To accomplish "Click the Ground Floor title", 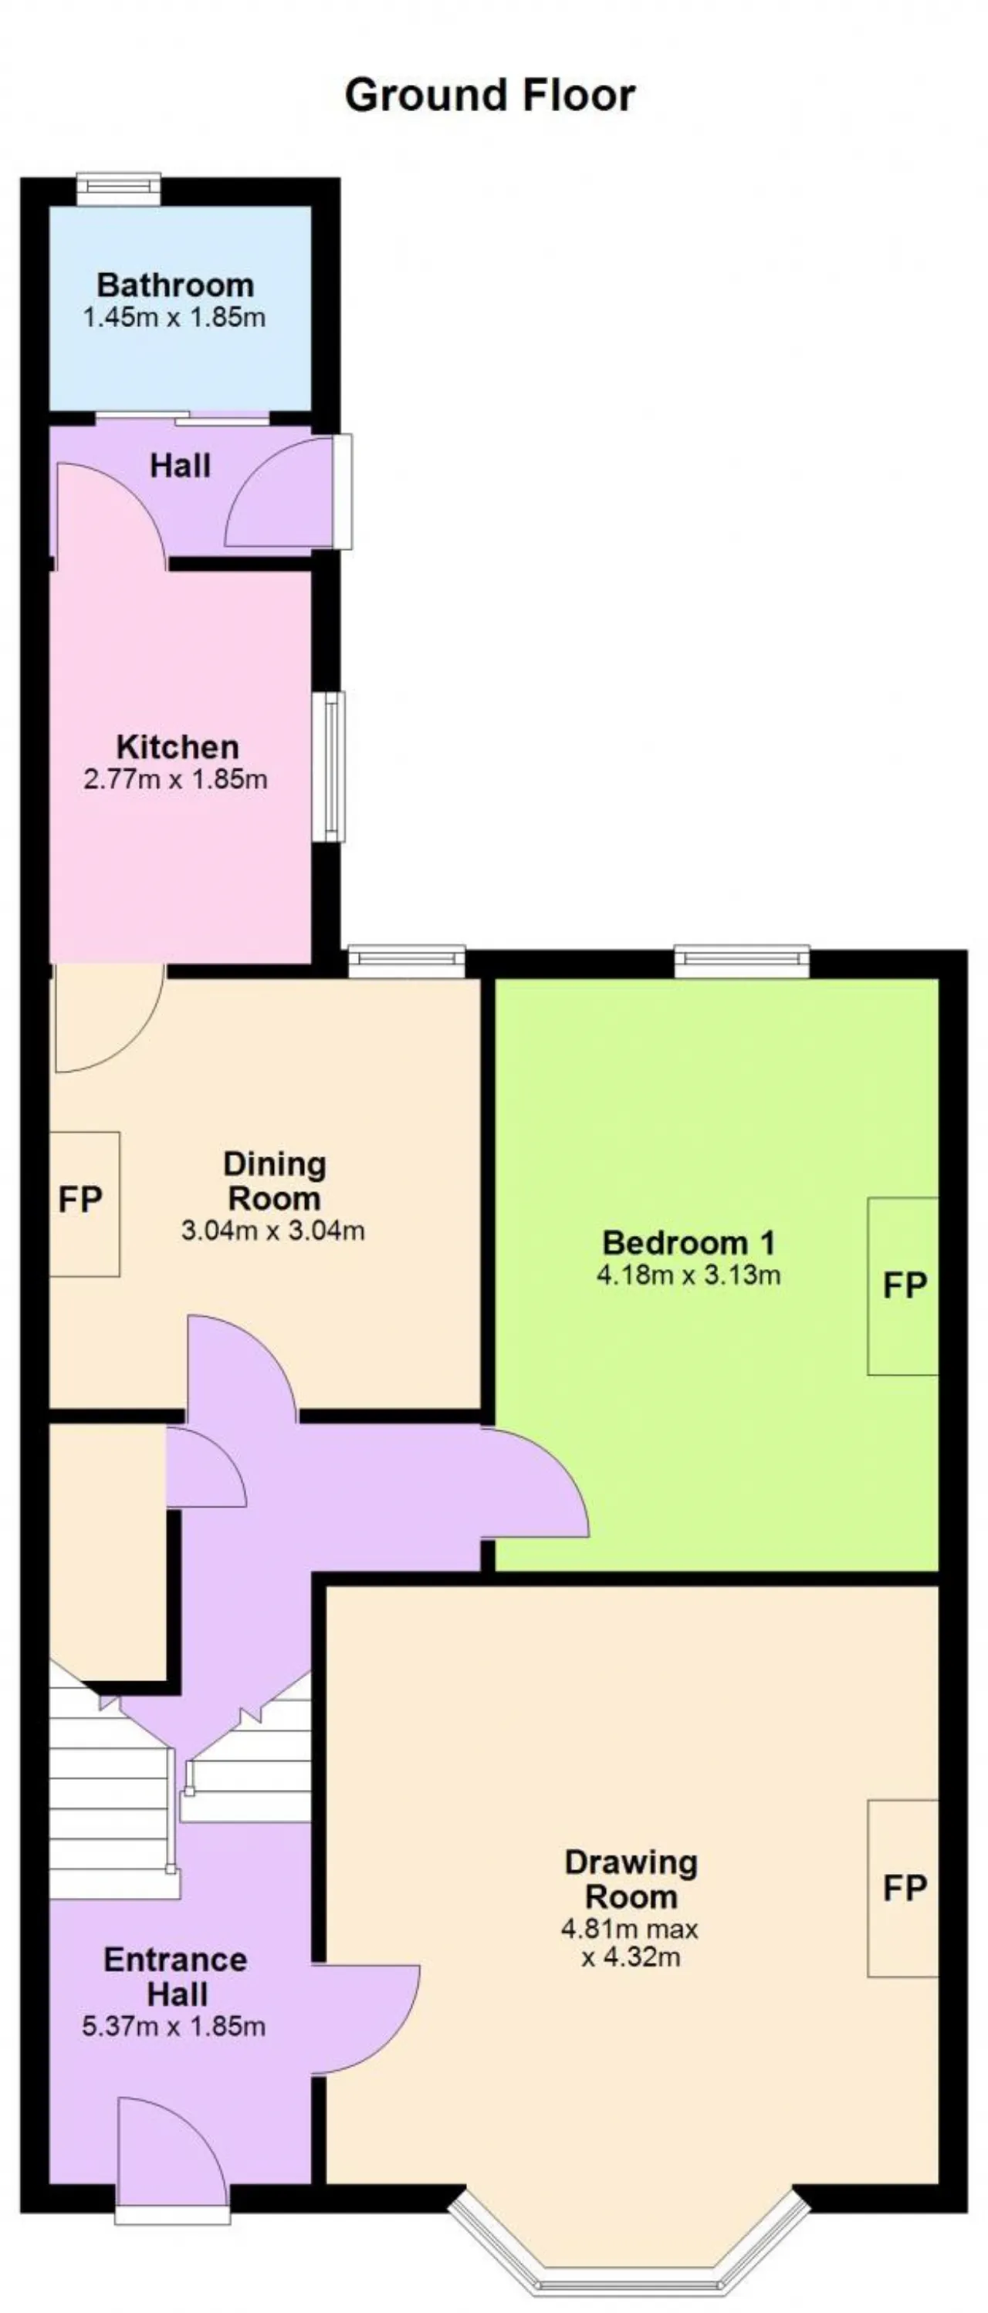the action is [x=489, y=95].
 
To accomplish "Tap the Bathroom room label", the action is [x=175, y=285].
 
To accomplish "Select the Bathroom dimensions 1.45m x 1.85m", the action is [x=174, y=317].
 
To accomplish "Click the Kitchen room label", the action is [x=178, y=746].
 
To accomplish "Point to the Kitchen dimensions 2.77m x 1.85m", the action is [x=175, y=778].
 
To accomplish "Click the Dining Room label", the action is [x=274, y=1180].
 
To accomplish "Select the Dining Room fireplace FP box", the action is [x=83, y=1204].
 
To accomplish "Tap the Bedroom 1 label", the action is [x=688, y=1243].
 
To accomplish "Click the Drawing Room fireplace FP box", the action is [x=902, y=1889].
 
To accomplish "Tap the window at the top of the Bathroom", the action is [x=119, y=187].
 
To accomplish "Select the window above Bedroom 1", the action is [x=742, y=961].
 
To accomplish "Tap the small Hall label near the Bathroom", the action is [x=181, y=465].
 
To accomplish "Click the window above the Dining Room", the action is [x=406, y=961].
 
